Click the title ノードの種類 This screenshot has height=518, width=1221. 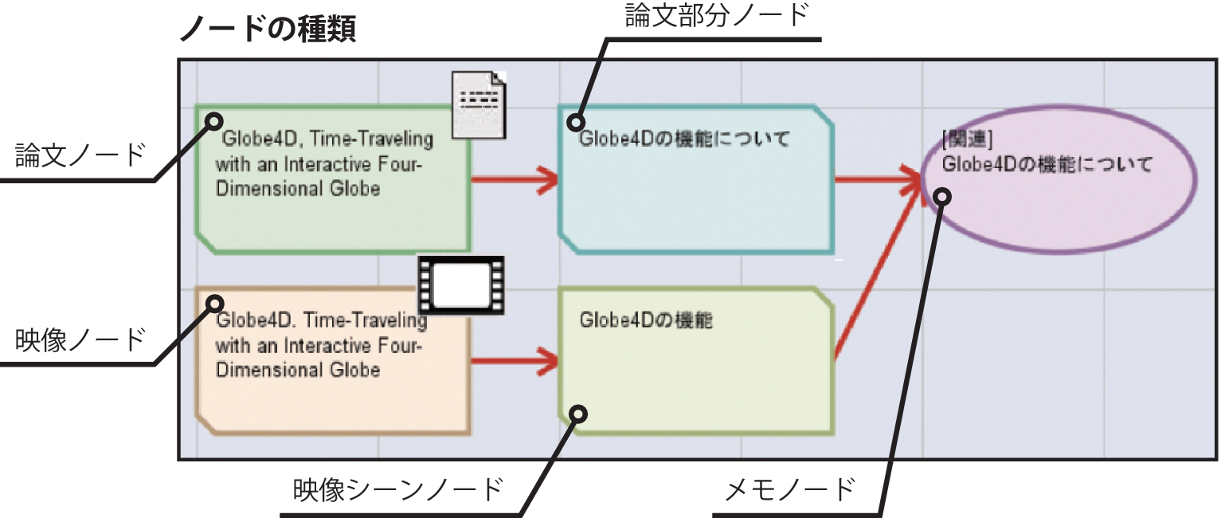click(x=268, y=30)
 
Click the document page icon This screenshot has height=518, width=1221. click(x=479, y=104)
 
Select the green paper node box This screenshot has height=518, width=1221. click(x=334, y=215)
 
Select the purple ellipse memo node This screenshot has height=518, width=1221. click(x=1059, y=215)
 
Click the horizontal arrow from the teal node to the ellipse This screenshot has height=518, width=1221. click(x=876, y=179)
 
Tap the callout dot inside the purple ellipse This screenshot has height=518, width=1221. click(x=942, y=196)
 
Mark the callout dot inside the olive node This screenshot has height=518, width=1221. click(x=579, y=413)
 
